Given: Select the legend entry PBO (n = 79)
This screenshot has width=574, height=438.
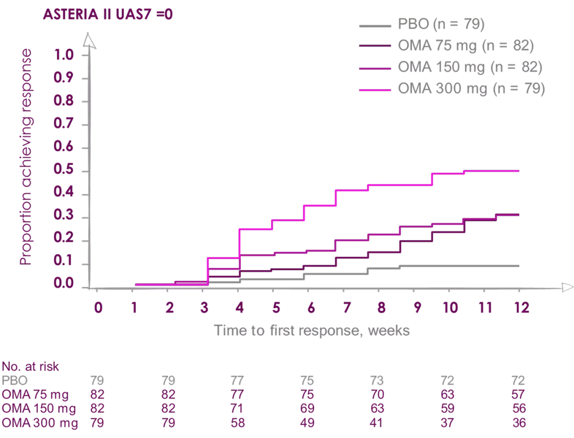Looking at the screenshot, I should click(x=441, y=25).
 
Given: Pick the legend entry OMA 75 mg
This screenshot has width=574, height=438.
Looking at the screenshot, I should click(x=465, y=46).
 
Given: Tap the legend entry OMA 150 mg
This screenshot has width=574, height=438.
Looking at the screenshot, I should click(x=469, y=68).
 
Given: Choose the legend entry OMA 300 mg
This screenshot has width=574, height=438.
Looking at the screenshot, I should click(x=471, y=89).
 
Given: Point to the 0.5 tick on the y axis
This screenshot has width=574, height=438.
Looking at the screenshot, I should click(x=64, y=171).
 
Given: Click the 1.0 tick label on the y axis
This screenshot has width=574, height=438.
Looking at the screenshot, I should click(x=64, y=55).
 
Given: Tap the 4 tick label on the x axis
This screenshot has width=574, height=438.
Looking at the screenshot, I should click(x=240, y=308).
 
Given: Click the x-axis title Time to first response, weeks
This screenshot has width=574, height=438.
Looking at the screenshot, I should click(x=311, y=331).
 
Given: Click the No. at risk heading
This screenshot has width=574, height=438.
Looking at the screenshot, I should click(x=30, y=367).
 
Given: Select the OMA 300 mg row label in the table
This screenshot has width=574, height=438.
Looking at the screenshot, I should click(x=40, y=424).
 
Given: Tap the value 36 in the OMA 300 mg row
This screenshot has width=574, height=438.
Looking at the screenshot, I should click(x=518, y=424).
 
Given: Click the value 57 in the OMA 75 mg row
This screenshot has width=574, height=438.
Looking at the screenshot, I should click(x=518, y=395).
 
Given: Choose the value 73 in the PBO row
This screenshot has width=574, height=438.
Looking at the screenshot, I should click(x=377, y=381).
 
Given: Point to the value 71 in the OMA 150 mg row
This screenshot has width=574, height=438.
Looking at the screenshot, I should click(x=237, y=409).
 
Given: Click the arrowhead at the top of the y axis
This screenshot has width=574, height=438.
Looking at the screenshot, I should click(x=91, y=41).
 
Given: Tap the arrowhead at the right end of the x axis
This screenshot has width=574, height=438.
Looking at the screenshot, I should click(x=567, y=288).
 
